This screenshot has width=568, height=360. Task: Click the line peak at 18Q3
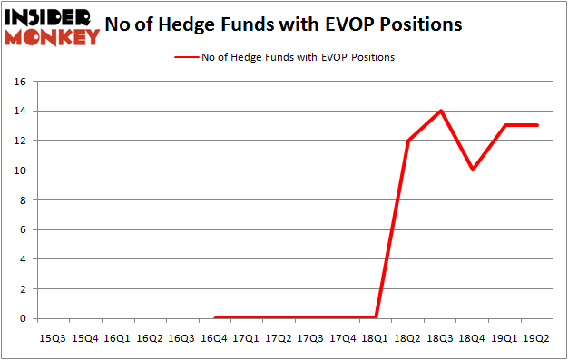(x=441, y=111)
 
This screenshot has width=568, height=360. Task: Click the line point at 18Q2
(x=408, y=141)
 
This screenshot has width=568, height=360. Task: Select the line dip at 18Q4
(x=473, y=170)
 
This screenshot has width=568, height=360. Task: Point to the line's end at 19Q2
(x=537, y=125)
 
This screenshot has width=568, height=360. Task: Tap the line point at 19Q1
(x=505, y=125)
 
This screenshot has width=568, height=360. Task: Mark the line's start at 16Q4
(x=215, y=318)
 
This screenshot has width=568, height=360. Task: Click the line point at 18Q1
(x=377, y=318)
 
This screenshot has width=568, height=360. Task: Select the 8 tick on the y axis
(x=25, y=199)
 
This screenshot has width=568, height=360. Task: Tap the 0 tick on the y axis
(x=25, y=318)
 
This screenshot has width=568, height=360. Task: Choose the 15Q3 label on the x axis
(x=54, y=337)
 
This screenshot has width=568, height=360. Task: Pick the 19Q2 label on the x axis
(x=537, y=337)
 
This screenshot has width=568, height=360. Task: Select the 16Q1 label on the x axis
(x=118, y=337)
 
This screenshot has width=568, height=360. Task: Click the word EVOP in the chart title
(x=348, y=24)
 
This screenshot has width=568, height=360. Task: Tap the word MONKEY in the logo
(x=54, y=37)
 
